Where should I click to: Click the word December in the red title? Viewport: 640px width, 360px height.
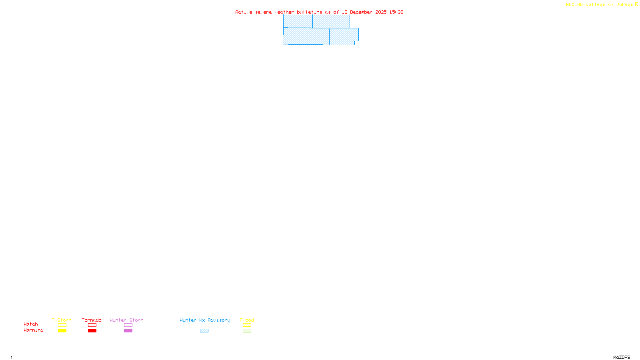click(361, 12)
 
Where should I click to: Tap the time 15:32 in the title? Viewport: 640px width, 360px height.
click(396, 12)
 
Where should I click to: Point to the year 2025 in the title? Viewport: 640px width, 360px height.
click(381, 12)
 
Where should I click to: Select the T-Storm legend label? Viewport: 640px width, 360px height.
click(62, 320)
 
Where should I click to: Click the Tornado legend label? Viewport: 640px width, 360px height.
click(92, 320)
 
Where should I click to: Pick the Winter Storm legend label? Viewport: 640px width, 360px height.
click(126, 320)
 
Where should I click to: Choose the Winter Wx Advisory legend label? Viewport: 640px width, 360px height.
click(205, 320)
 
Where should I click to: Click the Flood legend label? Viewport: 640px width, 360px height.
click(247, 320)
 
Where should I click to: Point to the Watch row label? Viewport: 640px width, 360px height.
click(31, 324)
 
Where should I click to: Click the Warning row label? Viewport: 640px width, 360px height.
click(34, 330)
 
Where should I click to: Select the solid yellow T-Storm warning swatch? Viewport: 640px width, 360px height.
click(62, 331)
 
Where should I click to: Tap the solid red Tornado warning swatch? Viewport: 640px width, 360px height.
click(92, 331)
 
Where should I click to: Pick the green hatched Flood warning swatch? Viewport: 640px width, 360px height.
click(247, 331)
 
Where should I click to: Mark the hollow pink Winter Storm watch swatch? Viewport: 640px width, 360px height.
click(128, 325)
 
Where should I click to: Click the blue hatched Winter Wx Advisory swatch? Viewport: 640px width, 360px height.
click(204, 331)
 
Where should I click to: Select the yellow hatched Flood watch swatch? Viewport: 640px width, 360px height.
click(247, 325)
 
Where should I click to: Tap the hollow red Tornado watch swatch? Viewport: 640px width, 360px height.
click(92, 325)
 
